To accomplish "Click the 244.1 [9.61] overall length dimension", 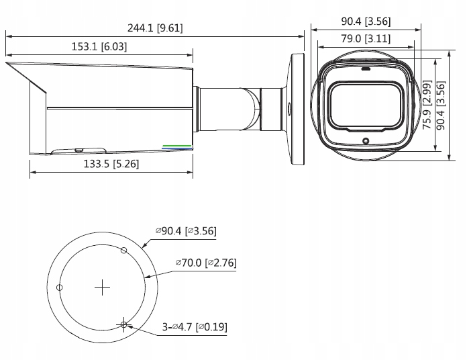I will pos(155,28).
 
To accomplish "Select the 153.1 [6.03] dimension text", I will pos(99,47).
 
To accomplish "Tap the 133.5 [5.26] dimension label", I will pos(111,164).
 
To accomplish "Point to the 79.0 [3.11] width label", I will pos(366,39).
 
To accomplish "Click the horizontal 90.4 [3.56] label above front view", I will pos(366,21).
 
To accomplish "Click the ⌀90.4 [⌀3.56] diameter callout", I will pos(185,232).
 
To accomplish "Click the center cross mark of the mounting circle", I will pos(102,288).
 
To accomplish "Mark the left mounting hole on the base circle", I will pos(60,287).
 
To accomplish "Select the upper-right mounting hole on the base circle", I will pos(123,251).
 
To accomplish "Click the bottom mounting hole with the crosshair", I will pos(123,325).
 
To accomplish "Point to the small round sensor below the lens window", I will pos(365,141).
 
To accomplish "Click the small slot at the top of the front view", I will pos(365,68).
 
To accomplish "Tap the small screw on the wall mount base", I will pos(289,106).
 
